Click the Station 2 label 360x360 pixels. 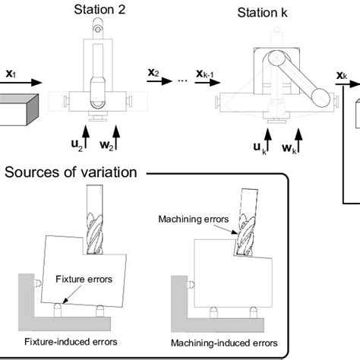(x=99, y=10)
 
